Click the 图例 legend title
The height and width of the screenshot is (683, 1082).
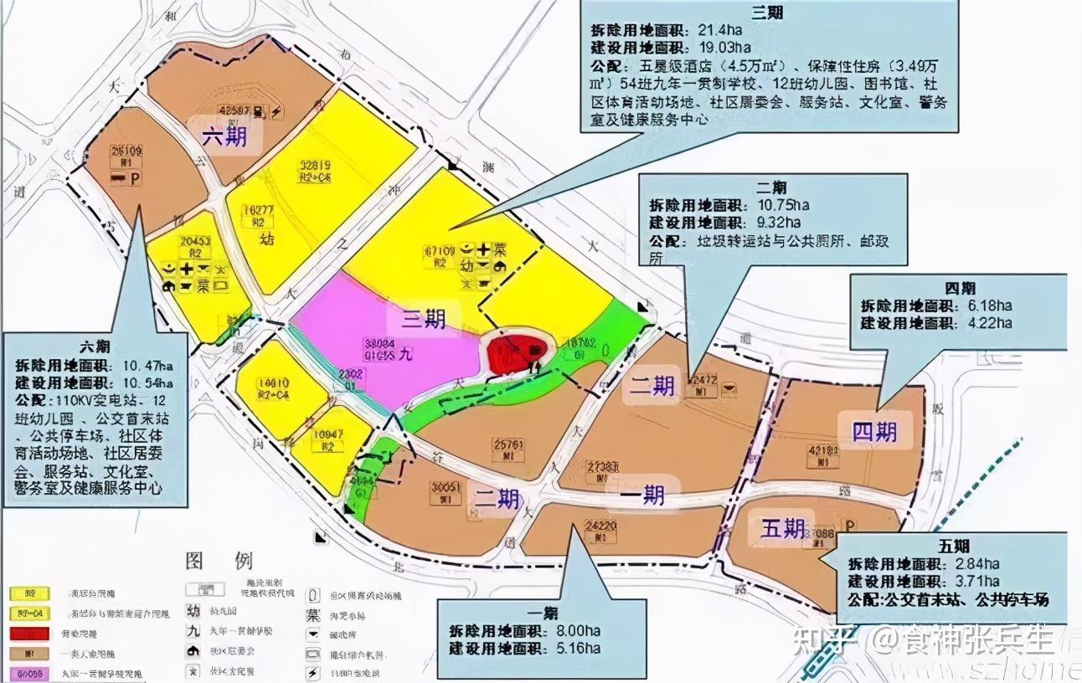[219, 560]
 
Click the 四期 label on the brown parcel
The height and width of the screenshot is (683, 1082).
[874, 431]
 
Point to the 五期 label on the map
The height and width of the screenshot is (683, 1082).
[783, 527]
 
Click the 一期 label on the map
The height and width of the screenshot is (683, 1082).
[642, 496]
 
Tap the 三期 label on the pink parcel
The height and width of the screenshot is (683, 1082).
[422, 319]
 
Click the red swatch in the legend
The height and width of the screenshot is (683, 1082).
[26, 634]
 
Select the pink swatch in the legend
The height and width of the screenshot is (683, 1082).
[26, 673]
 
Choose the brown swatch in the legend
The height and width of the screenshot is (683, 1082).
[26, 654]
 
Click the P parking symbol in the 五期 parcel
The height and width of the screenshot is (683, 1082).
[849, 526]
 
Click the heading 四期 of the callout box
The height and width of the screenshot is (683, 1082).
[957, 288]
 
